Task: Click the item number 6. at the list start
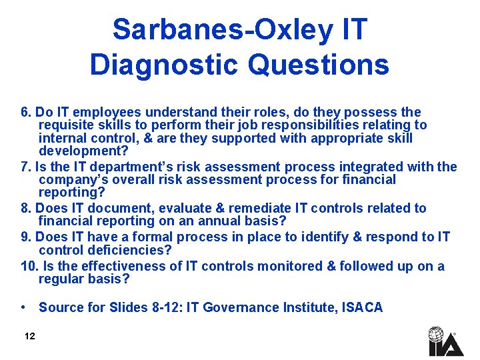[x=27, y=112]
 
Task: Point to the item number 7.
[x=27, y=167]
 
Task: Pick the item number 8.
[x=27, y=208]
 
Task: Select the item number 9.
[x=27, y=237]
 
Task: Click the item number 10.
[x=29, y=266]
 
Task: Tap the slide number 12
[x=29, y=336]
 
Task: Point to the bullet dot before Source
[x=24, y=307]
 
